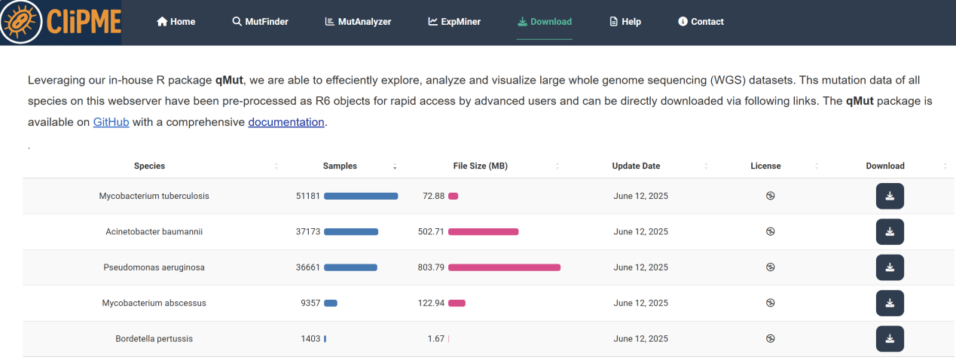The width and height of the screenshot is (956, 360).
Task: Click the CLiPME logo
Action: pyautogui.click(x=60, y=22)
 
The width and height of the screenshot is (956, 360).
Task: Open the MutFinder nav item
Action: pyautogui.click(x=260, y=22)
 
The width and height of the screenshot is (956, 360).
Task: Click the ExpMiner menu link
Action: pyautogui.click(x=454, y=22)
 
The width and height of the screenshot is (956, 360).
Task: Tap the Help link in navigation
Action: pyautogui.click(x=625, y=22)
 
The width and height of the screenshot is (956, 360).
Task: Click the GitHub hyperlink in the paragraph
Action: pyautogui.click(x=111, y=122)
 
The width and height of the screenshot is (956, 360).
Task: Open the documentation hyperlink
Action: pyautogui.click(x=286, y=122)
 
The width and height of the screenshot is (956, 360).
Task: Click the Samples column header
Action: pyautogui.click(x=340, y=166)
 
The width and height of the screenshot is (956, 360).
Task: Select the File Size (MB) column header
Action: pyautogui.click(x=481, y=166)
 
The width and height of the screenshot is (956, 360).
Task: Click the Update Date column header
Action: pyautogui.click(x=636, y=166)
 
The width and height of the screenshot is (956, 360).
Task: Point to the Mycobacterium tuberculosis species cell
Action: pyautogui.click(x=154, y=196)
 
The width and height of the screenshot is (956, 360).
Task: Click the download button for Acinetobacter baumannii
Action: pyautogui.click(x=890, y=232)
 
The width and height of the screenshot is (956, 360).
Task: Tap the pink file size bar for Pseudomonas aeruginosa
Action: pyautogui.click(x=504, y=267)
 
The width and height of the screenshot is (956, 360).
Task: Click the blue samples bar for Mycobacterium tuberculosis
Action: pyautogui.click(x=361, y=196)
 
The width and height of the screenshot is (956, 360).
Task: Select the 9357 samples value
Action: pyautogui.click(x=310, y=303)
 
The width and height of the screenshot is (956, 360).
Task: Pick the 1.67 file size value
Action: pyautogui.click(x=435, y=339)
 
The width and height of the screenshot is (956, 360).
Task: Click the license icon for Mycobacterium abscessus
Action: pyautogui.click(x=770, y=303)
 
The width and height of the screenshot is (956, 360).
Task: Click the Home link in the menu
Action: pyautogui.click(x=176, y=22)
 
